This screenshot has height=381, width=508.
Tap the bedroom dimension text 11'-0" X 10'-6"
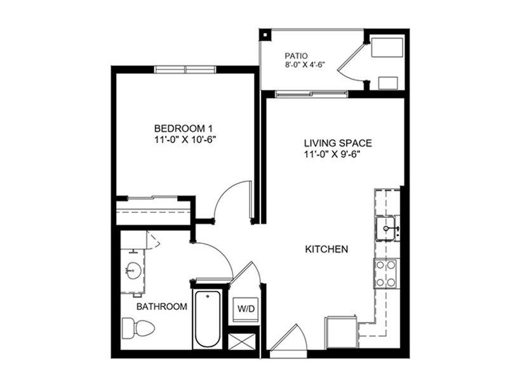click(185, 140)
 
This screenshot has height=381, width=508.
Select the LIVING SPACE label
click(338, 143)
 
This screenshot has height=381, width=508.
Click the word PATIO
click(296, 56)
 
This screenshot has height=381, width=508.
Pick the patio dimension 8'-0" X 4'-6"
click(305, 65)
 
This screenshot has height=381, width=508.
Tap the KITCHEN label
click(326, 249)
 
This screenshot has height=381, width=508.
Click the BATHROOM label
click(162, 307)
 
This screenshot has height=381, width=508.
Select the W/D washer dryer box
click(246, 309)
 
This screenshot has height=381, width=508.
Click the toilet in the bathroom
click(138, 328)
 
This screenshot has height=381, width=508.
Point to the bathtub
click(208, 320)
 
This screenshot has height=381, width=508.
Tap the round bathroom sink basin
click(133, 271)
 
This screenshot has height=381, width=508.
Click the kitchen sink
click(385, 228)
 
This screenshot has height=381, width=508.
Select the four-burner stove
click(385, 274)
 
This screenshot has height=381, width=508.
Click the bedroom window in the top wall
click(185, 70)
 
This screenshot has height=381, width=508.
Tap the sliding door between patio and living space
click(312, 94)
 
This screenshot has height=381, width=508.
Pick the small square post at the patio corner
click(265, 35)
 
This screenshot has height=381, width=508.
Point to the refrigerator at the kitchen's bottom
click(341, 333)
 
